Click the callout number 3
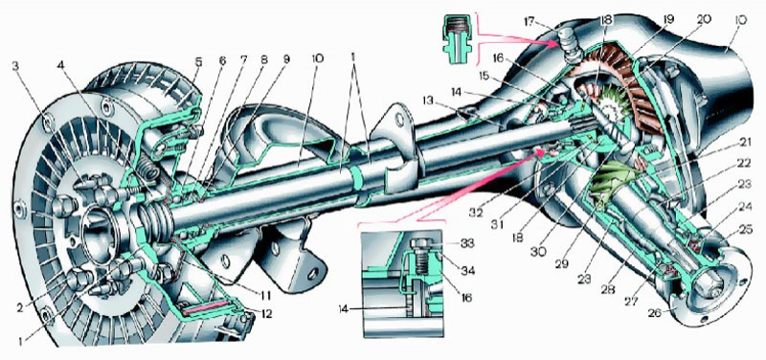pyautogui.click(x=16, y=66)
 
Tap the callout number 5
pyautogui.click(x=197, y=62)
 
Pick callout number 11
pyautogui.click(x=265, y=295)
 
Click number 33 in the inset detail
pyautogui.click(x=466, y=242)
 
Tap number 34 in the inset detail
pyautogui.click(x=466, y=270)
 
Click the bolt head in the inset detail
pyautogui.click(x=420, y=243)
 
